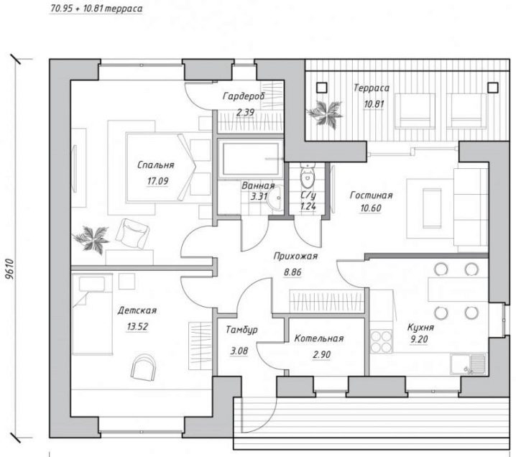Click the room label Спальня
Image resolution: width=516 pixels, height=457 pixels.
click(155, 165)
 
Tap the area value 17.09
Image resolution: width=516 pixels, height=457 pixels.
click(157, 181)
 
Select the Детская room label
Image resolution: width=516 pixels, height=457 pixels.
click(137, 310)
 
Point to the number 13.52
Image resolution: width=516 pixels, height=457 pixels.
click(137, 327)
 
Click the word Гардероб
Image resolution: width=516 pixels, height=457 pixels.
click(244, 97)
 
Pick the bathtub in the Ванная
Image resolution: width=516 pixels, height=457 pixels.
click(250, 159)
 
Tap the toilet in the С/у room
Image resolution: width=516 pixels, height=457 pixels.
click(308, 175)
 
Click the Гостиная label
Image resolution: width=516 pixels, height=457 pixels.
click(372, 195)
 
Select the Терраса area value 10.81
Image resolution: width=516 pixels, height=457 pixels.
click(374, 104)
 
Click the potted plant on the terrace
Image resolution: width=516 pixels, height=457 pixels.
click(324, 113)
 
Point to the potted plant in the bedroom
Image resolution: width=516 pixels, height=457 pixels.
click(91, 239)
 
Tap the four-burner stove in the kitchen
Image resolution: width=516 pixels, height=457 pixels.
click(382, 341)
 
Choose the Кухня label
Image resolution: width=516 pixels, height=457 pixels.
click(420, 328)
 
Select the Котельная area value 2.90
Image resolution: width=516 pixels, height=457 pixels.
click(322, 355)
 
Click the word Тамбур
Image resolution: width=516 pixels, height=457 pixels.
click(242, 330)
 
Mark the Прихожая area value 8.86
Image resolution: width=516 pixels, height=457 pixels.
click(292, 272)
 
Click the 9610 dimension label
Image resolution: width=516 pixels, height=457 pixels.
click(11, 269)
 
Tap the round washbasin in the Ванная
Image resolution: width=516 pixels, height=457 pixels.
click(276, 198)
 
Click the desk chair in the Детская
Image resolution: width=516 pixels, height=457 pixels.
click(143, 367)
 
